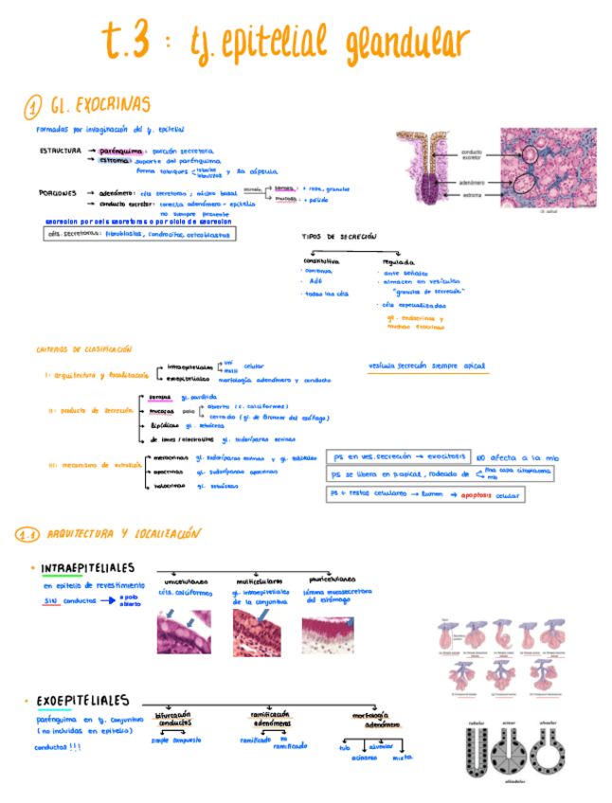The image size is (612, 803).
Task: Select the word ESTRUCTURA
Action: click(x=60, y=151)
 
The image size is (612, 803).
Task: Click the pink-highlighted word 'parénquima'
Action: click(x=121, y=151)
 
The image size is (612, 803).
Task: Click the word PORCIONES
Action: click(x=58, y=193)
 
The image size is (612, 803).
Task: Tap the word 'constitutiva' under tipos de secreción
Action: click(x=321, y=260)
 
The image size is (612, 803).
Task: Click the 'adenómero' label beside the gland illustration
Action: click(x=472, y=182)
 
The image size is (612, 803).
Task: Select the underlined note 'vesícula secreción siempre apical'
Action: click(x=427, y=366)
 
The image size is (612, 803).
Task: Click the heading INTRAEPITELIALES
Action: click(x=87, y=568)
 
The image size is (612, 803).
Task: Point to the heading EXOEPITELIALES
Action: click(x=82, y=701)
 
